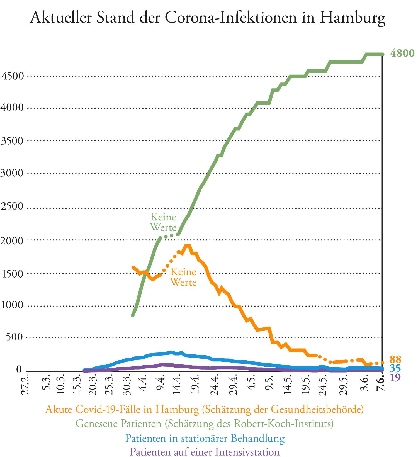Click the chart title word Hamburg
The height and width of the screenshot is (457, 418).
pos(353,18)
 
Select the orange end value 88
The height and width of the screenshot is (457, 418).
pos(395,359)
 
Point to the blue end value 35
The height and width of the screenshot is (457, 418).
pos(395,369)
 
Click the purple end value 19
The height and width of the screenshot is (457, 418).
pos(395,378)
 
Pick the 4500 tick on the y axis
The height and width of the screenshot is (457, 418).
pos(13,76)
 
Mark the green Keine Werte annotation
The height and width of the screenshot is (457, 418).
pos(164,222)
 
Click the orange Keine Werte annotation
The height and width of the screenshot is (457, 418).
pos(183,277)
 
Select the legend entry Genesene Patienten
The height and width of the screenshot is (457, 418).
pos(205,424)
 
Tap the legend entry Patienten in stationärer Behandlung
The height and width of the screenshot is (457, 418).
pos(205,438)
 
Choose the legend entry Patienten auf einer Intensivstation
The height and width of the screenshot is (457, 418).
pos(205,451)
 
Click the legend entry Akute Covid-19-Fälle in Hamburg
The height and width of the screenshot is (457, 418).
pos(205,410)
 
